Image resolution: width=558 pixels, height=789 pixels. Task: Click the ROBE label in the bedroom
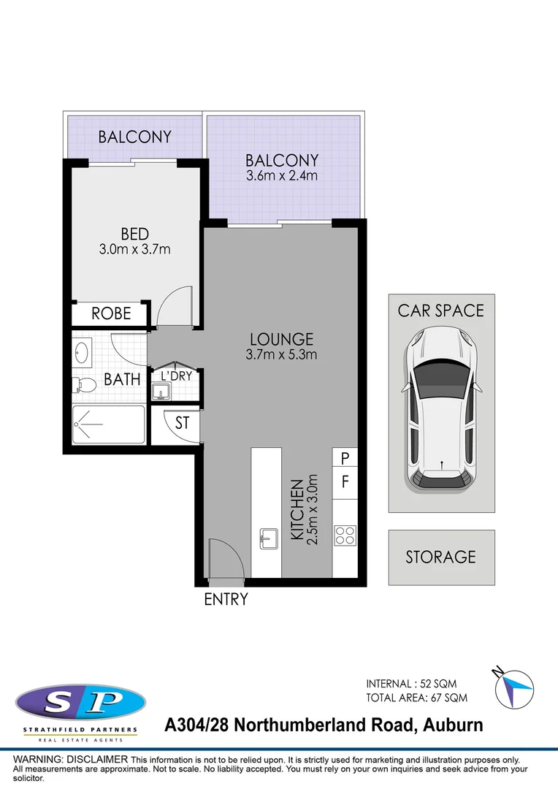(111, 313)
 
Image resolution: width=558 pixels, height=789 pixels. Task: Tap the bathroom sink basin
(82, 353)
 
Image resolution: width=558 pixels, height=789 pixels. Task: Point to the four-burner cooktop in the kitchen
(345, 535)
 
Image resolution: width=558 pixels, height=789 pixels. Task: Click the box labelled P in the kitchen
(345, 458)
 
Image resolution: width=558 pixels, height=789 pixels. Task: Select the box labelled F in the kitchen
(345, 483)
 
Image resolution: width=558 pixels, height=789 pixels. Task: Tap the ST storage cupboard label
(182, 422)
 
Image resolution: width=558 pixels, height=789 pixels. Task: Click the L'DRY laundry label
(175, 376)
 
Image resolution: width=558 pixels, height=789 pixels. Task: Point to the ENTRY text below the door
(226, 600)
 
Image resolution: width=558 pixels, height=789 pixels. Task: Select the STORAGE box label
(440, 557)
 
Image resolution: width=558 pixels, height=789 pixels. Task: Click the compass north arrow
(512, 687)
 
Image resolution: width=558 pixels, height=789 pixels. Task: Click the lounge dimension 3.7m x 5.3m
(282, 355)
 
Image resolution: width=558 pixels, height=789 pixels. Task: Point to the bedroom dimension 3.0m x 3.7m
(135, 250)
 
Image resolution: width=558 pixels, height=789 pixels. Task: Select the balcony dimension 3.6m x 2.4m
(282, 176)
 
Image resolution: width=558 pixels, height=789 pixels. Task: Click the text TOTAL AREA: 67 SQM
(416, 698)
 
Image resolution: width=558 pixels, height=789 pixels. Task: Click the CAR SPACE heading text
(440, 310)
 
